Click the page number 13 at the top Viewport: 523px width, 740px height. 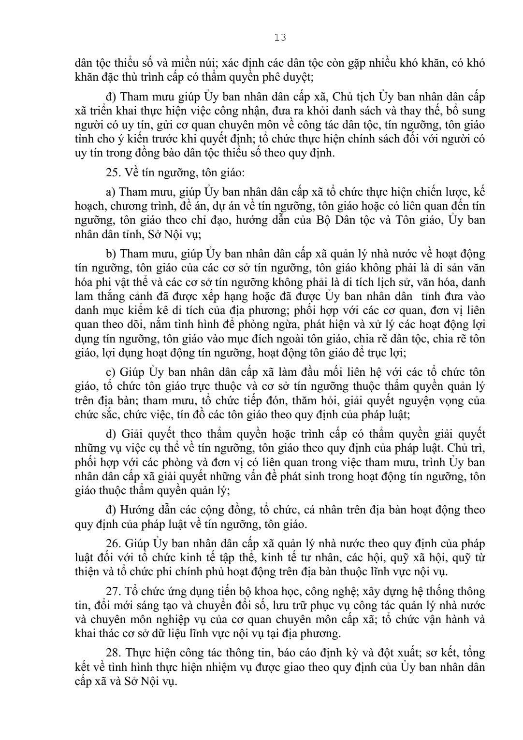tap(280, 38)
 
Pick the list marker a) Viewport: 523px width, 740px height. tap(110, 192)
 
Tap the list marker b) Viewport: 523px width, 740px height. tap(111, 254)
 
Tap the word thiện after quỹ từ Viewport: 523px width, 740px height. tap(87, 573)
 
